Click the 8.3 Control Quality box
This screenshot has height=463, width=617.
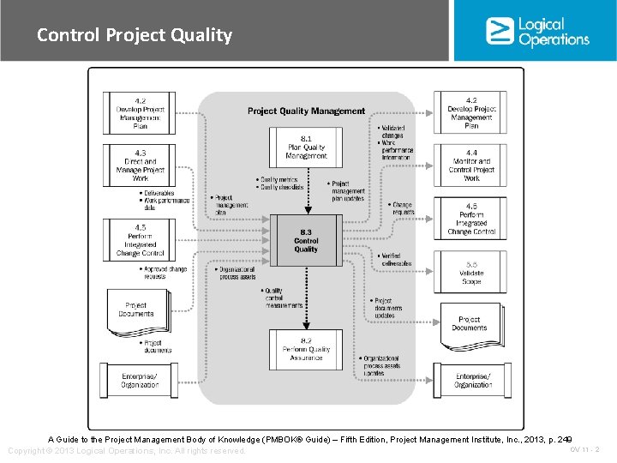pos(306,239)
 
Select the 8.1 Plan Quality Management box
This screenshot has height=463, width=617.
pos(306,147)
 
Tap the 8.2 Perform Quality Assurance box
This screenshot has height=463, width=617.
pos(306,349)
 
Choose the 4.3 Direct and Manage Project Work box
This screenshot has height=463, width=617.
pos(140,165)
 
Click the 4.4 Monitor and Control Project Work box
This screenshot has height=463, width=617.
pos(471,165)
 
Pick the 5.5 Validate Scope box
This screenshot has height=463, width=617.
pos(471,273)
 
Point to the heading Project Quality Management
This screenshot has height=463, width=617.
pos(306,111)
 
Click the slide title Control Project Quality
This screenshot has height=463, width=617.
pos(135,35)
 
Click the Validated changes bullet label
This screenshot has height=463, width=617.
pos(392,132)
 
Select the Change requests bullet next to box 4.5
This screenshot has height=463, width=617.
pos(402,208)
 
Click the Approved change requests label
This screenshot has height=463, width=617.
pos(165,273)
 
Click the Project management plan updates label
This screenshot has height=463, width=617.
pos(347,190)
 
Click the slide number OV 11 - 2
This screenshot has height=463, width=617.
pos(584,449)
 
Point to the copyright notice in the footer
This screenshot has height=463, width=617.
pos(127,450)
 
